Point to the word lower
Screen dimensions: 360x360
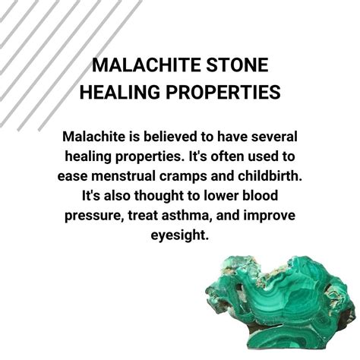click(x=226, y=196)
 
